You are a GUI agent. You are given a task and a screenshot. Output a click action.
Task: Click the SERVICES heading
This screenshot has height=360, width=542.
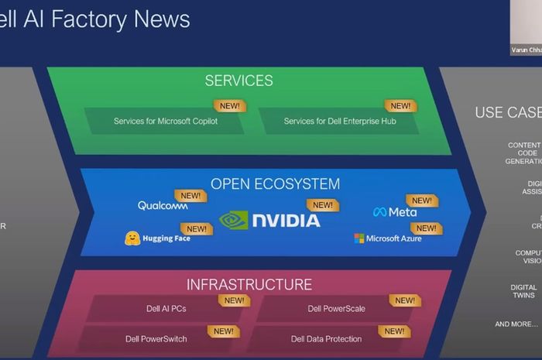point(238,81)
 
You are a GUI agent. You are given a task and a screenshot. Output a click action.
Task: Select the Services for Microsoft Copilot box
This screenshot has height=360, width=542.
point(166,121)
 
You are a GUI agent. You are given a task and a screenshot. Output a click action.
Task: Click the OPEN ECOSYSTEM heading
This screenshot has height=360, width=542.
point(275,184)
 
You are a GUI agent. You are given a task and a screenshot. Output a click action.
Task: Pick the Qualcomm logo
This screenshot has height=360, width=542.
point(163,206)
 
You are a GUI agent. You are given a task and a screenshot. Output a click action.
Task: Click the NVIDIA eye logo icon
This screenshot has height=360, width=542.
point(234,221)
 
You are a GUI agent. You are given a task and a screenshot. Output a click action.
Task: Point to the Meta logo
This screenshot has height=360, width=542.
point(395,211)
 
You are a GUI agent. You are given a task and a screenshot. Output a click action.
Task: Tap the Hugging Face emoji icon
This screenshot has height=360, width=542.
point(132,238)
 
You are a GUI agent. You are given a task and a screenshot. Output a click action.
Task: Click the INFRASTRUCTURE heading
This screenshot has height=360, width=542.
point(249,285)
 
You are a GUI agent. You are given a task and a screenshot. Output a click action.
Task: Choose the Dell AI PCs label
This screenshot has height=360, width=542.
point(166,309)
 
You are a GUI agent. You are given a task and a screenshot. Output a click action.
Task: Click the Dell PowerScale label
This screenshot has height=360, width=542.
point(336,309)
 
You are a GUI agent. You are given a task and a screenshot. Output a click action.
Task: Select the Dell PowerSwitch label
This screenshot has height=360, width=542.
point(156,339)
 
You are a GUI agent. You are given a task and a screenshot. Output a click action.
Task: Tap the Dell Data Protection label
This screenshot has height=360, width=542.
point(326,339)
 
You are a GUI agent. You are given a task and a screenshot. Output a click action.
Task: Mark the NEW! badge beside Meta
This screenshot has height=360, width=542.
point(422,201)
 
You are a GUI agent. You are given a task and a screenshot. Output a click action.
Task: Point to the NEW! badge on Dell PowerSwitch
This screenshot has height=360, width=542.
point(224,331)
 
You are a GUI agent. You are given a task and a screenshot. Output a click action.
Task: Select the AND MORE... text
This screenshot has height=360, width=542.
point(516,324)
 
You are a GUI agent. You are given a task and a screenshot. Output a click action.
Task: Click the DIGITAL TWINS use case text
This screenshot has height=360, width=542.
point(523,291)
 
